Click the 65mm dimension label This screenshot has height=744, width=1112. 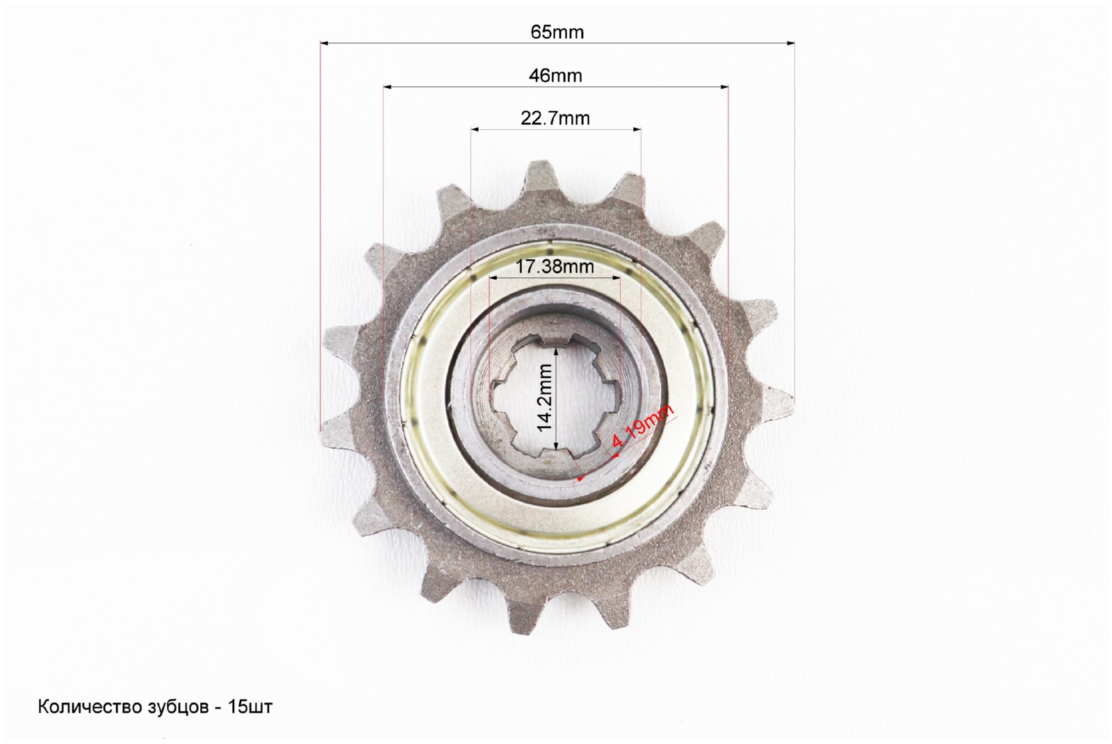[x=557, y=32]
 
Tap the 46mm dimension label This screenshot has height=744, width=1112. [x=555, y=76]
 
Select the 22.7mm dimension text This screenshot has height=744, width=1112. [x=555, y=119]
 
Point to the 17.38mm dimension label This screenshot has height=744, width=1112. [x=555, y=267]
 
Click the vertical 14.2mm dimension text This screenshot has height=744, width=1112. [x=545, y=397]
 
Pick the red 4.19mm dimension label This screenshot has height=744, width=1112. [x=642, y=427]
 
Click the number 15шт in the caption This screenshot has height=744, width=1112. [x=250, y=706]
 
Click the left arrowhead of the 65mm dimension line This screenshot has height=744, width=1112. [x=325, y=43]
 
